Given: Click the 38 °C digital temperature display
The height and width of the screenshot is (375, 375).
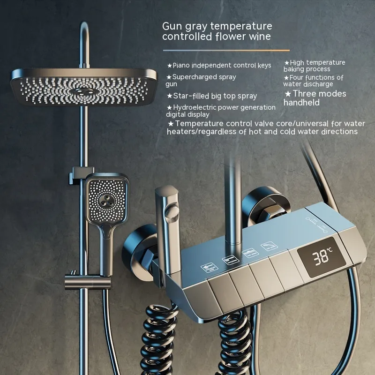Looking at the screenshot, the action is pos(322,257).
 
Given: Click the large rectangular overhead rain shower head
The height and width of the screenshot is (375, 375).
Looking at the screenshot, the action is pos(84,87).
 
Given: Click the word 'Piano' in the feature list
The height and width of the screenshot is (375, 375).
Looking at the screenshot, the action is pos(181,65).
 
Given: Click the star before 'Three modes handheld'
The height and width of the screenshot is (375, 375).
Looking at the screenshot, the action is pos(288,94).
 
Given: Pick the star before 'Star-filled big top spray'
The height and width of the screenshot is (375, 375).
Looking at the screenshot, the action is pos(170,96).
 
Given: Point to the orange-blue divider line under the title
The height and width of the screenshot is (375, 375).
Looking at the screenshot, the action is pos(226,51).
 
